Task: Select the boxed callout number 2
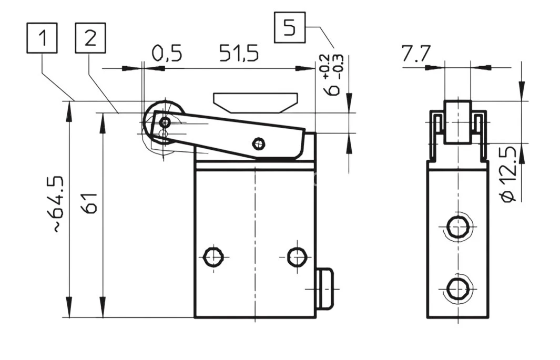click(x=90, y=38)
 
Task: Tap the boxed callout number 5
click(x=290, y=27)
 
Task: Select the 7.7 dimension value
click(x=416, y=54)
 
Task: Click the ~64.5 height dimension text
click(x=58, y=205)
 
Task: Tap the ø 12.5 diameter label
click(x=509, y=174)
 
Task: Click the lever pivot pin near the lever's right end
click(x=258, y=142)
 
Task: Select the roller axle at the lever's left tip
click(x=165, y=123)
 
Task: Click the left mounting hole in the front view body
click(x=212, y=257)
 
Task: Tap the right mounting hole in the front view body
click(x=297, y=257)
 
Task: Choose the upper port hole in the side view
click(x=457, y=227)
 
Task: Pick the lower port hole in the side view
click(x=457, y=288)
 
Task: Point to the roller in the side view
click(x=457, y=121)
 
